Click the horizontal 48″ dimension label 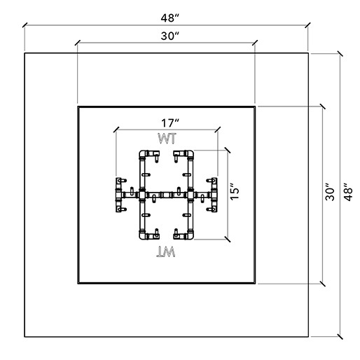tap(169, 18)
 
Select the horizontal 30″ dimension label tap(169, 36)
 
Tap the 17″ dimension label tap(170, 123)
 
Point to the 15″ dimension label tap(235, 191)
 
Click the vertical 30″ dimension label tap(330, 192)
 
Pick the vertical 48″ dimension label tap(348, 192)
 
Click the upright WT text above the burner tap(167, 139)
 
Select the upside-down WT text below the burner tap(166, 252)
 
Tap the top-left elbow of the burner tap(142, 154)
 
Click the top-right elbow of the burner tap(190, 154)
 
